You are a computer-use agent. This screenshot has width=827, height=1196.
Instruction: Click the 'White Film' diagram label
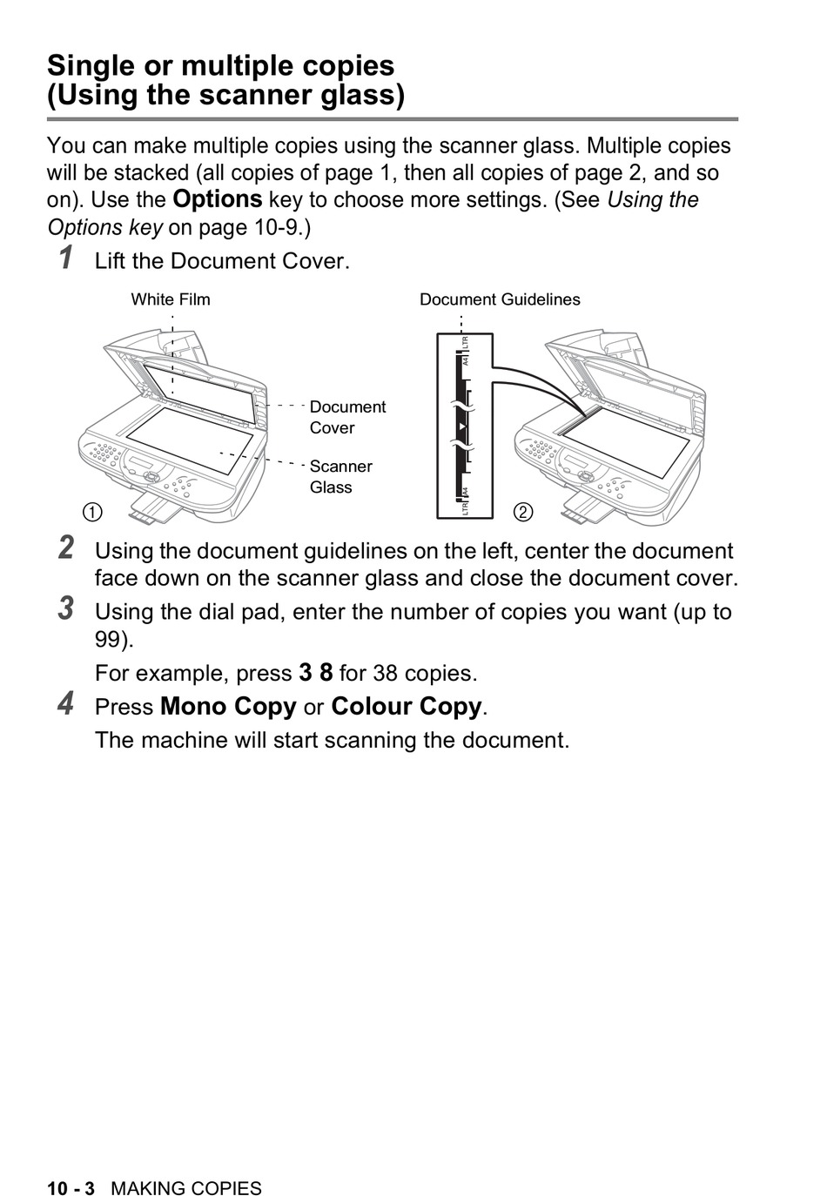tap(171, 299)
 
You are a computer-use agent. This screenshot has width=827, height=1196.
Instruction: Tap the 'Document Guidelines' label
tap(500, 299)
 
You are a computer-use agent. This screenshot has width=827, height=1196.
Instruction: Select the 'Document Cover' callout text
tap(347, 417)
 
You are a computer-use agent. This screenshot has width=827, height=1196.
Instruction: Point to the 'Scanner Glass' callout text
tap(340, 476)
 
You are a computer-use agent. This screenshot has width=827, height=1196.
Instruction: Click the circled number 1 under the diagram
tap(92, 512)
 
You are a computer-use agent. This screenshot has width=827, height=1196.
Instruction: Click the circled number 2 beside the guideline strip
tap(522, 512)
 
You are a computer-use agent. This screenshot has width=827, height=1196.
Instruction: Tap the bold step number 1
tap(66, 259)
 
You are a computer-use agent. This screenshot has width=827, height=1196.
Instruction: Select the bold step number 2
tap(66, 548)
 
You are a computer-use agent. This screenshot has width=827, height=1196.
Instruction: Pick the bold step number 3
tap(66, 608)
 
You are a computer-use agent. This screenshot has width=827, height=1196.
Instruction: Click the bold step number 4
tap(66, 703)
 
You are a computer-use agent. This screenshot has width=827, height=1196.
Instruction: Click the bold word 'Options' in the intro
tap(218, 199)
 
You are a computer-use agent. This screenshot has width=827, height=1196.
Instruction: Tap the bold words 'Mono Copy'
tap(228, 706)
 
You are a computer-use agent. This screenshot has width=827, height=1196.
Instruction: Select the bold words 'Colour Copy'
tap(406, 706)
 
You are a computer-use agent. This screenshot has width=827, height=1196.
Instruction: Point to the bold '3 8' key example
tap(316, 673)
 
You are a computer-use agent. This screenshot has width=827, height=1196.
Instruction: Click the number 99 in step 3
tap(111, 640)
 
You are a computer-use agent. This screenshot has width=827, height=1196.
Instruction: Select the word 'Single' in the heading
tap(91, 66)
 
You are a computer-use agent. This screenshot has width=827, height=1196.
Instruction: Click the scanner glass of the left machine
tap(187, 440)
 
